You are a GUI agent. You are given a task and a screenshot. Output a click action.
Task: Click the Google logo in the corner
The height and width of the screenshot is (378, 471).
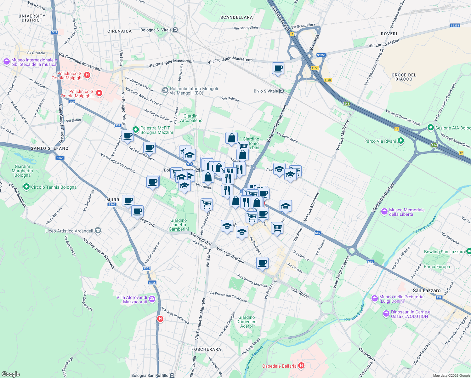(10, 374)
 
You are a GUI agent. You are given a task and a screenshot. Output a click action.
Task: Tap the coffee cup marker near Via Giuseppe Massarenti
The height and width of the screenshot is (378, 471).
(278, 68)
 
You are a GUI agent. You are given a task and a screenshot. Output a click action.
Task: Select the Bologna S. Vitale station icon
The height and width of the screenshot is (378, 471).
(175, 30)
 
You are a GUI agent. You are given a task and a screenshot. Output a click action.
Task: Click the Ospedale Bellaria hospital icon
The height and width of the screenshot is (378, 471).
(301, 365)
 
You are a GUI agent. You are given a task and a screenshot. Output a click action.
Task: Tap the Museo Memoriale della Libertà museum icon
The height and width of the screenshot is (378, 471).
(384, 212)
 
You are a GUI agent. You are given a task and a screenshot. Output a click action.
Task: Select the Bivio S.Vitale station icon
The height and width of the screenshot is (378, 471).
(281, 91)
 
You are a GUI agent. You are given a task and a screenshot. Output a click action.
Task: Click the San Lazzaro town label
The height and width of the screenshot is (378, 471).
(426, 290)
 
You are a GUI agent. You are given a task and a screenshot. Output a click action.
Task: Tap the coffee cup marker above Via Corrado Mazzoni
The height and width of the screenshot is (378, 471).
(262, 263)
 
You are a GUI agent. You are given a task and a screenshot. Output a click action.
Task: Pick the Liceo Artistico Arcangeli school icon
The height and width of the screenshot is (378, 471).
(98, 231)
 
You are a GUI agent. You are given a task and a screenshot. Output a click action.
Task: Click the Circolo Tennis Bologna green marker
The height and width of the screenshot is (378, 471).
(26, 187)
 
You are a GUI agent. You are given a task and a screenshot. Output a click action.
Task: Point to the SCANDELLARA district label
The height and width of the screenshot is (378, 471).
(236, 17)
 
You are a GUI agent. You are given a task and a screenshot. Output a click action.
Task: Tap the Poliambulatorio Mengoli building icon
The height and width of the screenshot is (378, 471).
(165, 91)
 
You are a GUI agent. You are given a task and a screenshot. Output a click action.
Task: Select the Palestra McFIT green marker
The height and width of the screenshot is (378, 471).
(136, 129)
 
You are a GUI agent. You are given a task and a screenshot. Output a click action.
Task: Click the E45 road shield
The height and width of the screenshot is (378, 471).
(347, 104)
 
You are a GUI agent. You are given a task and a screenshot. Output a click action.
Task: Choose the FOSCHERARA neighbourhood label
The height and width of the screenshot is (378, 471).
(206, 349)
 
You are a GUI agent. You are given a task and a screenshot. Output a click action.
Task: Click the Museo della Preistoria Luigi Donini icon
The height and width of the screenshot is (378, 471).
(374, 298)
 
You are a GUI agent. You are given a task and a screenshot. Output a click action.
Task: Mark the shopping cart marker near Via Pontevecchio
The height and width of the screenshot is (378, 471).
(207, 204)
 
